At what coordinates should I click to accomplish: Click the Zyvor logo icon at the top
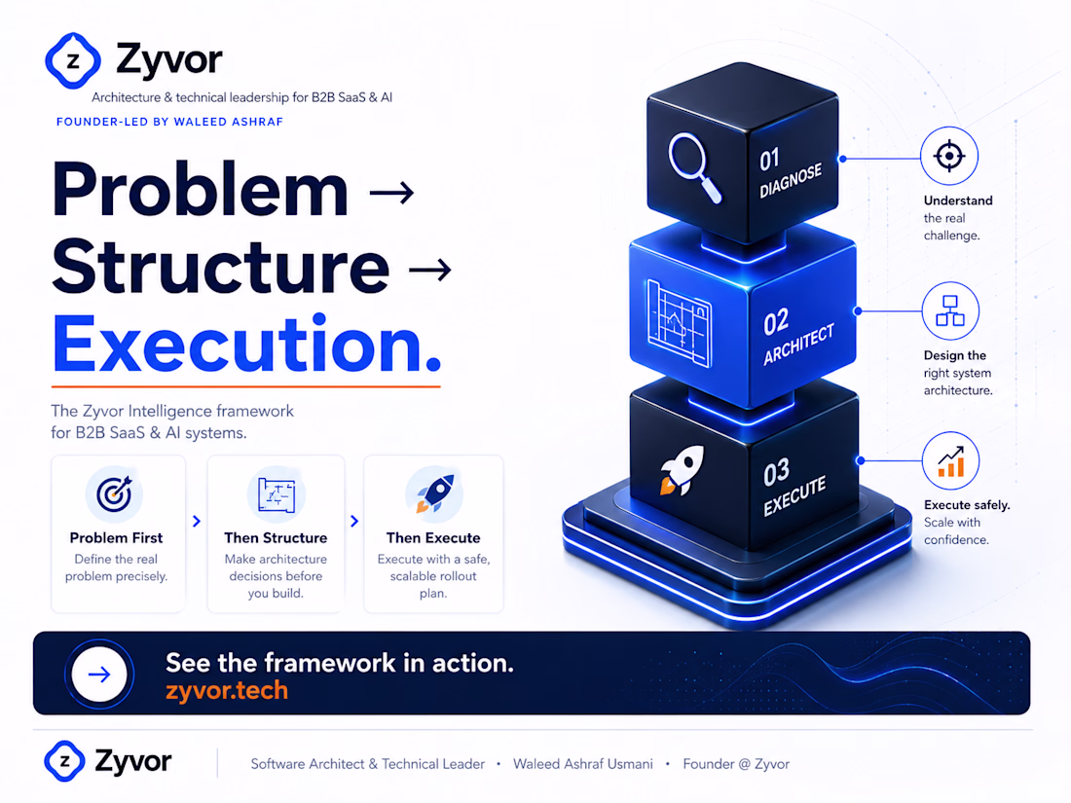[73, 60]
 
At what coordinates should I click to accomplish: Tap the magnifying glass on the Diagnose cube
[694, 166]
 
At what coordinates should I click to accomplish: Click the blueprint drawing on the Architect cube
[679, 323]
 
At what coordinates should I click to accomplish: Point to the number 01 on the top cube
[770, 161]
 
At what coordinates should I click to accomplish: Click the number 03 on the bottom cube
[777, 472]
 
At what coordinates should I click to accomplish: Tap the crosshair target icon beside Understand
[949, 156]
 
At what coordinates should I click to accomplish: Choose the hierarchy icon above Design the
[950, 310]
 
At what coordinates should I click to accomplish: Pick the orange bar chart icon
[950, 461]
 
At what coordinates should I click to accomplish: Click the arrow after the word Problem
[391, 193]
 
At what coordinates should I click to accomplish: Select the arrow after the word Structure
[429, 270]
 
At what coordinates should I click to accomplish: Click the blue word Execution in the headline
[246, 344]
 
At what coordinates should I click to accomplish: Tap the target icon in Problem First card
[114, 493]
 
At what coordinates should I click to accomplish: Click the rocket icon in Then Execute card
[433, 493]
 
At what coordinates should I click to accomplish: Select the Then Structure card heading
[276, 538]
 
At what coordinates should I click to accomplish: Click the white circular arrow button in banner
[99, 675]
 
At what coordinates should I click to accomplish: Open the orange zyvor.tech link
[227, 690]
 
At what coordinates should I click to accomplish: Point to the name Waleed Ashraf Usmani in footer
[582, 764]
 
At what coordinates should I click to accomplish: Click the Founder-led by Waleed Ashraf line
[169, 122]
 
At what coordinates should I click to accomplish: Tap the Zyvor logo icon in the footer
[65, 761]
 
